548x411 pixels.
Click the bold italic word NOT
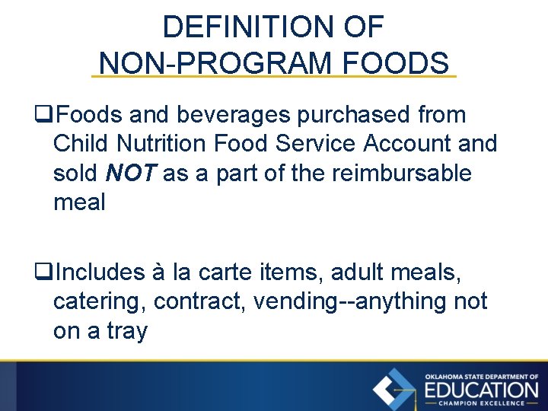pyautogui.click(x=131, y=173)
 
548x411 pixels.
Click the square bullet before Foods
pyautogui.click(x=43, y=116)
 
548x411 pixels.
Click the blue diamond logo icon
pyautogui.click(x=393, y=390)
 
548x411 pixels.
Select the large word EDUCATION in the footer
pyautogui.click(x=480, y=390)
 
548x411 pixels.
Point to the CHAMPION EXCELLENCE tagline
pyautogui.click(x=480, y=403)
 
